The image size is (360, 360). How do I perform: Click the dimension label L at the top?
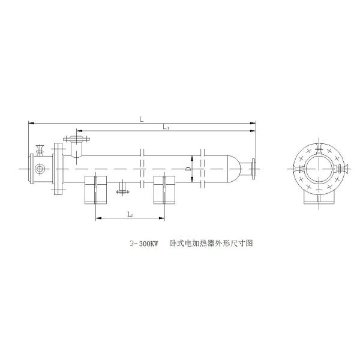click(x=142, y=119)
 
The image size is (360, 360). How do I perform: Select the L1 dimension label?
click(x=166, y=127)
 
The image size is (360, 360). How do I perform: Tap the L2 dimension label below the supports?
click(x=130, y=214)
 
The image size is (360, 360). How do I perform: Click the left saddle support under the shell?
click(x=95, y=189)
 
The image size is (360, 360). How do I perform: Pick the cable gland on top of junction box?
click(x=40, y=148)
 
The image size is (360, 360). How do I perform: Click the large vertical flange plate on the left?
click(x=58, y=169)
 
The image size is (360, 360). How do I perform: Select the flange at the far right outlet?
click(x=256, y=169)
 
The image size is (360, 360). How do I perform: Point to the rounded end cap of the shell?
click(x=231, y=169)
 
